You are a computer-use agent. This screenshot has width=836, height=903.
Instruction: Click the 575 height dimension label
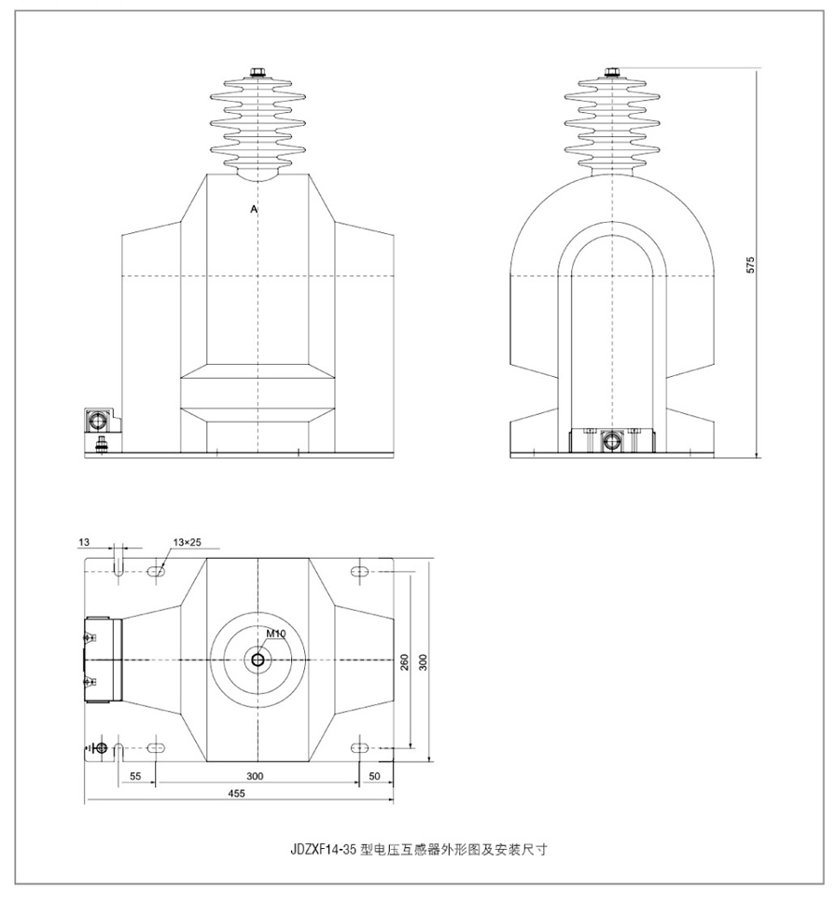tap(749, 264)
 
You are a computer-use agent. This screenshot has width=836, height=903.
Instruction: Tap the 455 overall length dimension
tap(236, 793)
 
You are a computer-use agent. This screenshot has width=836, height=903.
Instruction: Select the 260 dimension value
tap(404, 662)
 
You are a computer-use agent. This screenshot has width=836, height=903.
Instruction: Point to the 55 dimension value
tap(135, 776)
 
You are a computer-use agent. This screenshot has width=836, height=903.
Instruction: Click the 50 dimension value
tap(374, 776)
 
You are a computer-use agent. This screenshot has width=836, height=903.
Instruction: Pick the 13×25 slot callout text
tap(188, 542)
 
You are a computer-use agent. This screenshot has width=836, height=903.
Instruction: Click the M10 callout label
tap(276, 633)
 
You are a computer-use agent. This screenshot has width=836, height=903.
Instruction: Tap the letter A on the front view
tap(254, 209)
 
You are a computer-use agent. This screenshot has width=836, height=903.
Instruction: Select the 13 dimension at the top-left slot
tap(84, 542)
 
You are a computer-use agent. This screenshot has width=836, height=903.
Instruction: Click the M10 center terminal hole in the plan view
tap(258, 660)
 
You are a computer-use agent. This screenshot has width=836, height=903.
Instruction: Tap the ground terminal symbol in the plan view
tap(99, 748)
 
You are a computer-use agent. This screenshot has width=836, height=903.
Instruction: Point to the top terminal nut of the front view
tap(258, 73)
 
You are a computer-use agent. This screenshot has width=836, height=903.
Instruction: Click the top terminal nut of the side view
tap(612, 72)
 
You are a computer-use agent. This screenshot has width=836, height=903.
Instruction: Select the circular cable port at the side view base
tap(612, 441)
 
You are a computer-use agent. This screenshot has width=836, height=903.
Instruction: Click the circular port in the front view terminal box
tap(98, 421)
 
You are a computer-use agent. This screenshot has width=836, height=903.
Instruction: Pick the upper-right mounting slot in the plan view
tap(359, 572)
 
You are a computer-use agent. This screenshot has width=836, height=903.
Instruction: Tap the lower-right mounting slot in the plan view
tap(359, 747)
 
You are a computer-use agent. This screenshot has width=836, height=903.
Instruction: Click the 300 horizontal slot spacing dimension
tap(255, 776)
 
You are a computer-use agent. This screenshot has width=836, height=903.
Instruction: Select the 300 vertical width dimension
tap(423, 662)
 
